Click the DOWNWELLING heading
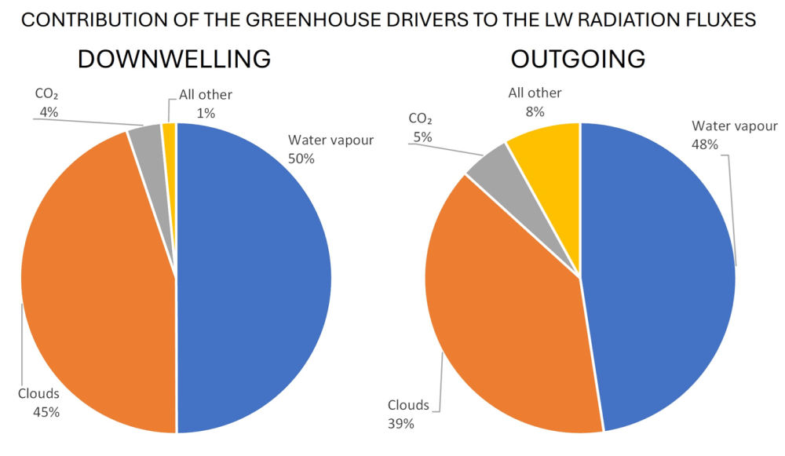(173, 59)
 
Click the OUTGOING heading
(578, 59)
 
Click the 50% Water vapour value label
(301, 158)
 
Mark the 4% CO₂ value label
(49, 112)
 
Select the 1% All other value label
(206, 113)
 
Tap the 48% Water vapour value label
(704, 144)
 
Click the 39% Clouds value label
(400, 424)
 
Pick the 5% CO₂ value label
(422, 137)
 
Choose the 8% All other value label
(535, 111)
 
